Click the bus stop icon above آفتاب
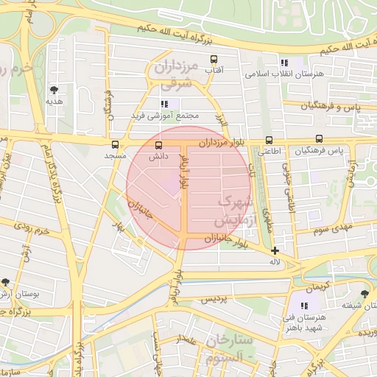[x=214, y=59]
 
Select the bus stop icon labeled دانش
[x=159, y=145]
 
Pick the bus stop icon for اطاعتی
[x=269, y=140]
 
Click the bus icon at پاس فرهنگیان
[x=319, y=139]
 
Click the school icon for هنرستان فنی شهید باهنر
[x=303, y=306]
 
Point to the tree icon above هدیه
[x=53, y=90]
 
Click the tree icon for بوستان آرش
[x=6, y=282]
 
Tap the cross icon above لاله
[x=275, y=250]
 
